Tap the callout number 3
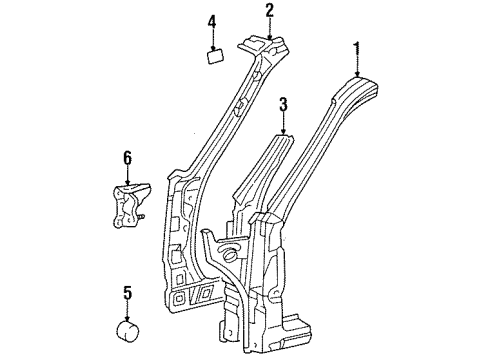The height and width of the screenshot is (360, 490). point(284,103)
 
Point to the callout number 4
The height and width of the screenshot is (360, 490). point(212,21)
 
